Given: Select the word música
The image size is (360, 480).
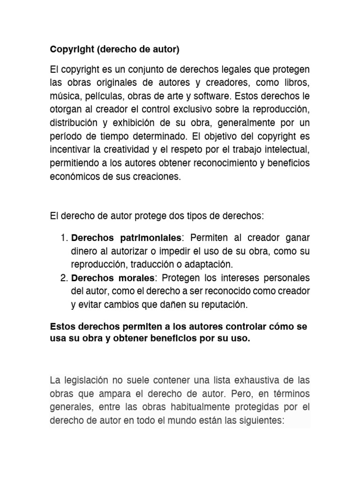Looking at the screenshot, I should coord(63,97).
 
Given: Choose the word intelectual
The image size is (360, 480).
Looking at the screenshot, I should coord(283,150).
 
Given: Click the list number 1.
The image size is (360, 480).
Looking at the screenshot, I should coord(64,237).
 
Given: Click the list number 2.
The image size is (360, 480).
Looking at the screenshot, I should coord(64,278).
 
